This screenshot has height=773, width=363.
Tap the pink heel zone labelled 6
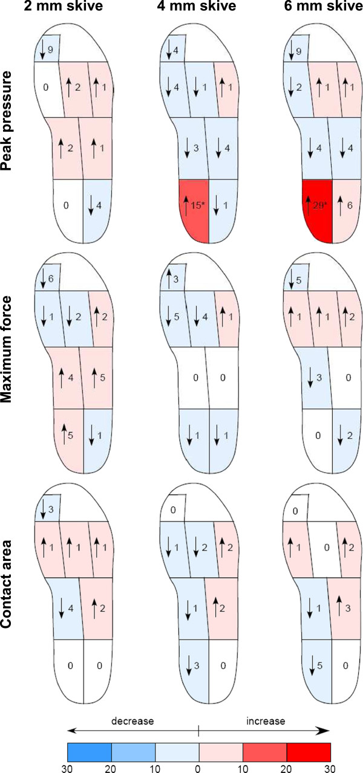click(348, 207)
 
